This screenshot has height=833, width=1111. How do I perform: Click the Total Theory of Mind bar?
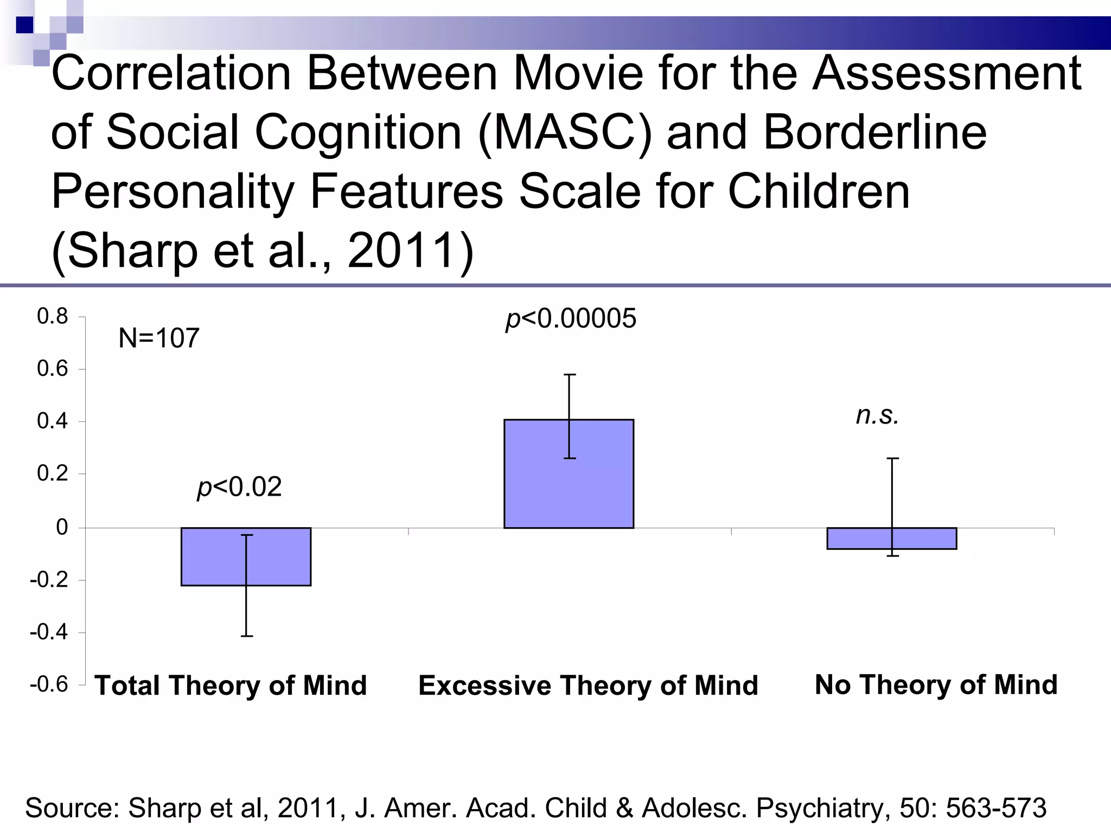pyautogui.click(x=217, y=556)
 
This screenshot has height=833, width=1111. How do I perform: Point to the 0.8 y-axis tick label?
pyautogui.click(x=52, y=316)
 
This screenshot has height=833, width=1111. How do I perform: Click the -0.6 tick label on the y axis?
pyautogui.click(x=49, y=684)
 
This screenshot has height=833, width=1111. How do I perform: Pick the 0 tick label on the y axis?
pyautogui.click(x=62, y=527)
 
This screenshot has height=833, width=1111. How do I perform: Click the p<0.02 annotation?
pyautogui.click(x=239, y=487)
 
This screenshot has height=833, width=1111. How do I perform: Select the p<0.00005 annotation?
pyautogui.click(x=571, y=318)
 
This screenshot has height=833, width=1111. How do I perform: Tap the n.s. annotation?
pyautogui.click(x=877, y=415)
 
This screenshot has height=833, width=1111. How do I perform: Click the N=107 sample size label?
pyautogui.click(x=159, y=338)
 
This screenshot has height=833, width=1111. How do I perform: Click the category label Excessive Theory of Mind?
pyautogui.click(x=588, y=685)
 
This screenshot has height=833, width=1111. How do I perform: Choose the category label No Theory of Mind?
pyautogui.click(x=936, y=684)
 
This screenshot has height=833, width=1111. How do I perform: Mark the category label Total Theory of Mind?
pyautogui.click(x=231, y=685)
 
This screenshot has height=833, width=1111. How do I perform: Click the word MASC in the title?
pyautogui.click(x=564, y=133)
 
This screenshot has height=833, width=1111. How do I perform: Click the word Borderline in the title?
pyautogui.click(x=875, y=133)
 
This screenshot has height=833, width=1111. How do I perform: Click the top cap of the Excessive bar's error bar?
pyautogui.click(x=570, y=375)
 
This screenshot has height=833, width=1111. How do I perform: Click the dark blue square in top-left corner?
pyautogui.click(x=24, y=25)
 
